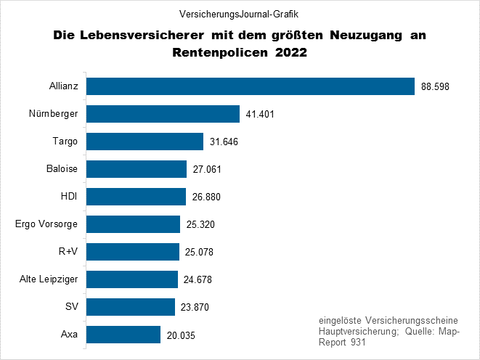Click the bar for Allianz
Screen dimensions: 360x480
[250, 86]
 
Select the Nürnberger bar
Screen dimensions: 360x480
[163, 114]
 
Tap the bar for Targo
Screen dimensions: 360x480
[145, 142]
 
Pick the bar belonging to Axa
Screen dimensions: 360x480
[123, 335]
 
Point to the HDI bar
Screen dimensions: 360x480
[136, 197]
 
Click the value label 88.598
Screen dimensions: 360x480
[435, 86]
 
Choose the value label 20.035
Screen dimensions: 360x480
[181, 335]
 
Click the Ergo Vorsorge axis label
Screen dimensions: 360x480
[46, 224]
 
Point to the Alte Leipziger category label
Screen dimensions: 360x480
[49, 279]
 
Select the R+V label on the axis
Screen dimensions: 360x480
[68, 252]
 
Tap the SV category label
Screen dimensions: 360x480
[71, 307]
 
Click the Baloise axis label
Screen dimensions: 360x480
[61, 169]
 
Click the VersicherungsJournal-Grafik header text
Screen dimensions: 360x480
[240, 15]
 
